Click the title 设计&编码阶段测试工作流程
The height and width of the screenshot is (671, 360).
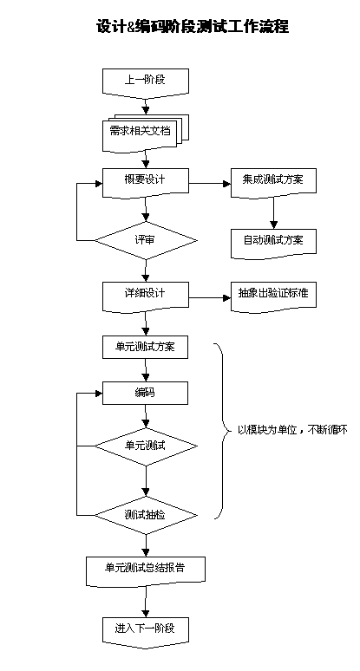point(193,27)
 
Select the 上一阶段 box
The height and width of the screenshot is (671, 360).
point(146,81)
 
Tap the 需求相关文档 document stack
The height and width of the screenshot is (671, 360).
point(146,133)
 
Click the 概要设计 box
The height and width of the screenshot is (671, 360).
point(146,182)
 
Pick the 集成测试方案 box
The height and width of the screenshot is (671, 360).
point(273,182)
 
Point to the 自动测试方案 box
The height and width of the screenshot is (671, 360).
point(273,243)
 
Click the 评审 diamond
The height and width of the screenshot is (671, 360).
point(146,240)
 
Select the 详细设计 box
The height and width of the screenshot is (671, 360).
point(146,296)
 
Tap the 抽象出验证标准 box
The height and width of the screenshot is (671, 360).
point(273,296)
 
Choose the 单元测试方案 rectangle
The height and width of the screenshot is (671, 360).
point(145,347)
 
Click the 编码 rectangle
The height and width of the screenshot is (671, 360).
point(145,393)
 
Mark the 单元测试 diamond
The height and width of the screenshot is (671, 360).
point(146,446)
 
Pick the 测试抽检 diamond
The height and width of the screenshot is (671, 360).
point(146,515)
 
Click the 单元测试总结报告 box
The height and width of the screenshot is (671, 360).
point(146,570)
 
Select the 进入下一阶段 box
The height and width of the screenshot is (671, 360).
point(146,631)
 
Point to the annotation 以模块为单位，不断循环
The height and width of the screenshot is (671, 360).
point(292,430)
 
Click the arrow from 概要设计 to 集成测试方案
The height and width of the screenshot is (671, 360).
point(210,184)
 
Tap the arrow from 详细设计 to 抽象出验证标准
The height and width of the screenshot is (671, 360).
point(210,297)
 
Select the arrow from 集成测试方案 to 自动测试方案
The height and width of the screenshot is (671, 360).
point(273,212)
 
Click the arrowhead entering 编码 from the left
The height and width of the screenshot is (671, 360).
point(99,393)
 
